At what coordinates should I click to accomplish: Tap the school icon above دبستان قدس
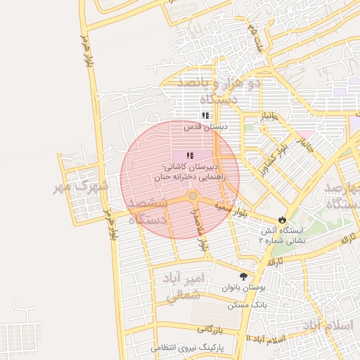(x=205, y=115)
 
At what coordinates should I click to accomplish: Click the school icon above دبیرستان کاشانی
(x=190, y=155)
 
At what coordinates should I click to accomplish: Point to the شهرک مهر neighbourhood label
(x=82, y=187)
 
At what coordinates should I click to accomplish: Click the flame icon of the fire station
(x=283, y=219)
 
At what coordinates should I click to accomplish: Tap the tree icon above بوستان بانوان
(x=243, y=276)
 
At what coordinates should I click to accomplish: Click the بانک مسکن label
(x=243, y=306)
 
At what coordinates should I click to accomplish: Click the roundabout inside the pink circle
(x=192, y=196)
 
